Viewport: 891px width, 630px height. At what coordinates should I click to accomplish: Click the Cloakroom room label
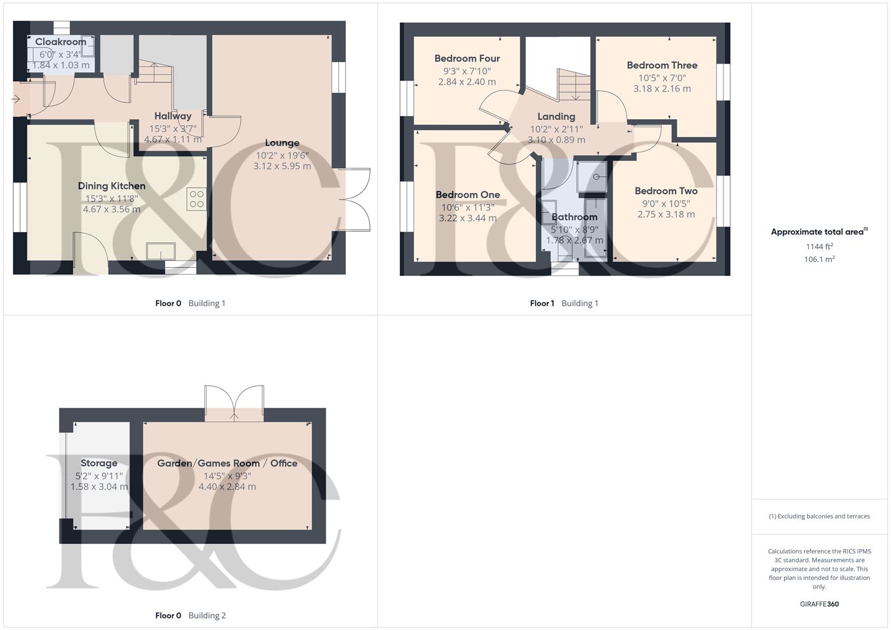coord(61,41)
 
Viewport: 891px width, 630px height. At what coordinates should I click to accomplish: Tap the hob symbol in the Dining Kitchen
coord(197,199)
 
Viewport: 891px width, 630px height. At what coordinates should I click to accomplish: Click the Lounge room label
coord(282,143)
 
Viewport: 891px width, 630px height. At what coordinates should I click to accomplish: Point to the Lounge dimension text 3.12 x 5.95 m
coord(282,166)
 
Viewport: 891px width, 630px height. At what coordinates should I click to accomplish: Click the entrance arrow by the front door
coord(16,100)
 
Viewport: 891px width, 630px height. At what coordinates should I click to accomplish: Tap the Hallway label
coord(173,116)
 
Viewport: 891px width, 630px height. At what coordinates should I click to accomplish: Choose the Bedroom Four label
coord(467,58)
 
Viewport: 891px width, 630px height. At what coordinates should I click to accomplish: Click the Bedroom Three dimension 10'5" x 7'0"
coord(662,78)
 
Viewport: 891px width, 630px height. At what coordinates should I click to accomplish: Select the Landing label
coord(556,117)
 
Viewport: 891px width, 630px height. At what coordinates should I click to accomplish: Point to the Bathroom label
coord(574,217)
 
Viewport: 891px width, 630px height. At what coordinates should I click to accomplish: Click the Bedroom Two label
coord(666,191)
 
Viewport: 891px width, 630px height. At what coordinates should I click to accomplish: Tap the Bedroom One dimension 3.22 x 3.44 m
coord(467,218)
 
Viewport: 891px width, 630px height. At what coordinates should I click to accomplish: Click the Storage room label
coord(99,463)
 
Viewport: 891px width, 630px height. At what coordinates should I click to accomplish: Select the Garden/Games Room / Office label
coord(227,463)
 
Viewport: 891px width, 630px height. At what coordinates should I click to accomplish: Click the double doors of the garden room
coord(234,402)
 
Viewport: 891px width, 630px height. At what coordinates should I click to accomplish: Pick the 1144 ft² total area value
coord(819,247)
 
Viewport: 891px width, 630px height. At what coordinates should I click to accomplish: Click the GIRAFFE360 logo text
coord(819,604)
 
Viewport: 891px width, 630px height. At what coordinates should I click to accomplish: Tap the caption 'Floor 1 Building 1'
coord(564,303)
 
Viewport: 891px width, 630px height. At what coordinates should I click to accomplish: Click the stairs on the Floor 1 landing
coord(572,84)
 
